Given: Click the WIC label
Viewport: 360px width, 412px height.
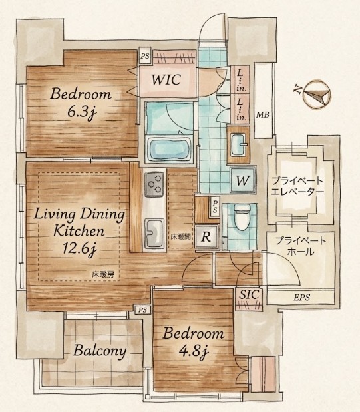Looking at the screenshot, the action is pos(166,79).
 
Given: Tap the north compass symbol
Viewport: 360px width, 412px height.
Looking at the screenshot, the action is pos(317,94).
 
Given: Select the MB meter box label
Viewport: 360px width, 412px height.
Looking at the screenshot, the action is pos(262,115).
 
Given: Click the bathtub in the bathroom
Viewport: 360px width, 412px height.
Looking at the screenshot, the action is pos(169,149).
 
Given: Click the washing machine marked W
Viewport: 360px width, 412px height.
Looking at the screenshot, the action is pos(242,180).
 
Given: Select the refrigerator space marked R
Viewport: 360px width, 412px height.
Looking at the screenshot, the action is pos(206,237).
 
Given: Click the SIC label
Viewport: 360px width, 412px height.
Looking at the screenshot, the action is pos(250,294).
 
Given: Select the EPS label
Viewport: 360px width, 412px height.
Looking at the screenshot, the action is pos(301,298).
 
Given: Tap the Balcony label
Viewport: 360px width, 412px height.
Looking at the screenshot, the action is pos(100,351).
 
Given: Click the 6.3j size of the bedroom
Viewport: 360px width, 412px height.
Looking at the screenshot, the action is pos(82,112).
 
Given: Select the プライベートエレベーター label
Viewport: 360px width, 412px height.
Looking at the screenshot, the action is pos(297,186).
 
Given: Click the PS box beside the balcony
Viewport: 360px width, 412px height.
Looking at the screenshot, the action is pos(142,310).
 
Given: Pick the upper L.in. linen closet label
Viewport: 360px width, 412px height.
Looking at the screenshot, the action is pos(241,80).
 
